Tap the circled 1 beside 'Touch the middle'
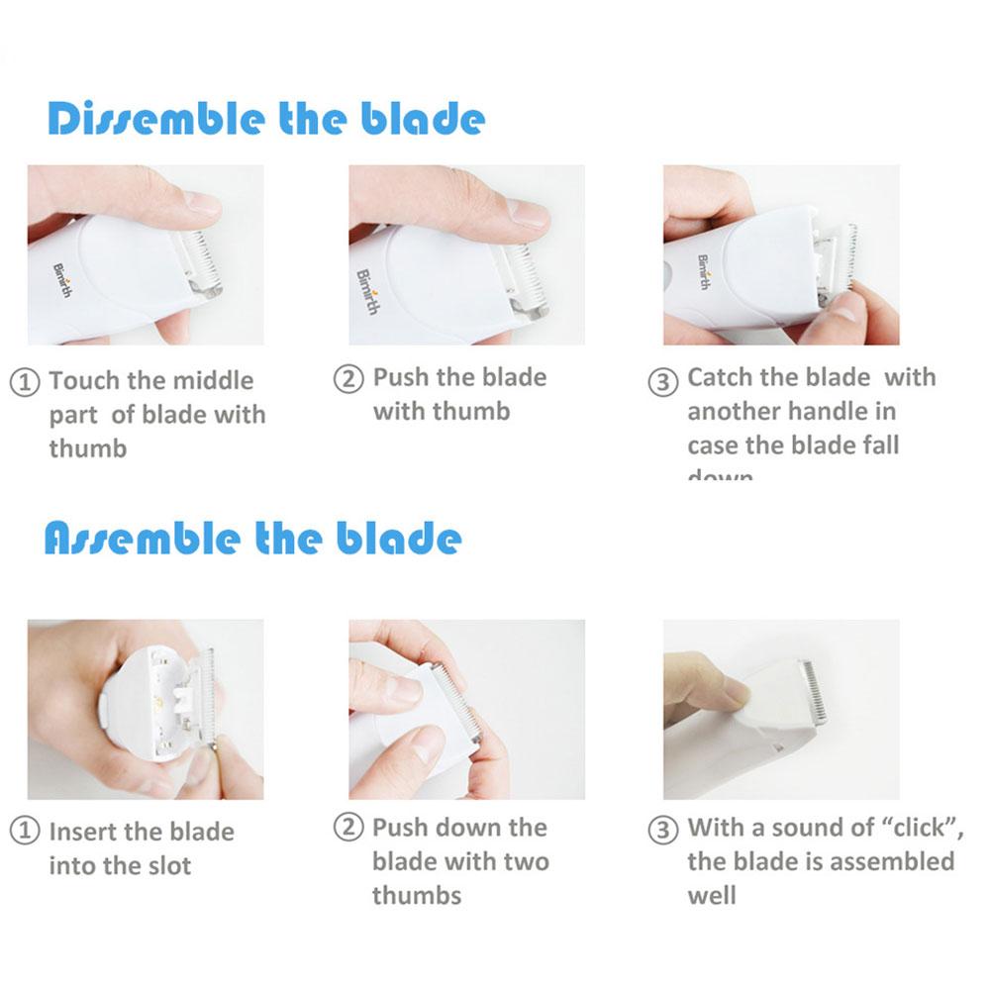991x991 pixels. point(26,382)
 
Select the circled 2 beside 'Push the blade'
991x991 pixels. point(348,379)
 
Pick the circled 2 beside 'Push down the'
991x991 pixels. point(348,829)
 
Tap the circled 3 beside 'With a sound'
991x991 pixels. point(663,830)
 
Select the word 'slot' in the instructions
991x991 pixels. point(168,866)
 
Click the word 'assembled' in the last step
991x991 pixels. point(891,861)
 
